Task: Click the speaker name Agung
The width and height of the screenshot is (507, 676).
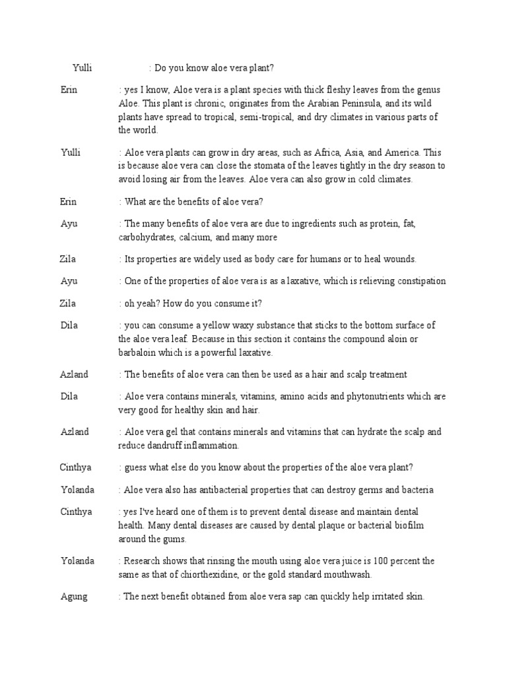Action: (x=73, y=596)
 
